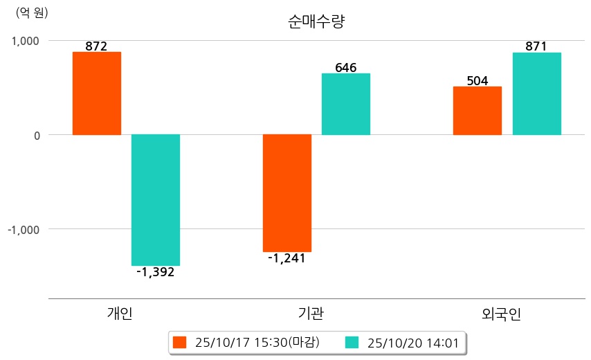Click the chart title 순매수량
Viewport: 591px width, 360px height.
316,22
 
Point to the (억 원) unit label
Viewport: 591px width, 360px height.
33,12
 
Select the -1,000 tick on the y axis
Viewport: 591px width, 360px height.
24,229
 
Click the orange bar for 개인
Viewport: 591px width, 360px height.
96,93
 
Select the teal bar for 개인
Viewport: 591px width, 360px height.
156,200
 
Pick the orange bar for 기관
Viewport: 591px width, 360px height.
287,192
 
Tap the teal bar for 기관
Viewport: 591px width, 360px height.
346,104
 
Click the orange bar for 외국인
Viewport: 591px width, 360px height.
478,111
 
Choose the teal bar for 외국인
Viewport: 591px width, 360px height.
537,93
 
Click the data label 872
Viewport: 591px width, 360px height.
96,46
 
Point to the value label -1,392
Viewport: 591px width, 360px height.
156,272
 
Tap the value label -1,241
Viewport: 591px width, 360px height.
287,258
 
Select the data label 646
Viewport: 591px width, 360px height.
346,68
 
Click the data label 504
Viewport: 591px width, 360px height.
478,81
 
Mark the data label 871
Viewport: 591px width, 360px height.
536,46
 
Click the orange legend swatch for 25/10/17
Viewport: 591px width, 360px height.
180,342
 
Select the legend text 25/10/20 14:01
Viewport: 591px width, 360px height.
413,342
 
